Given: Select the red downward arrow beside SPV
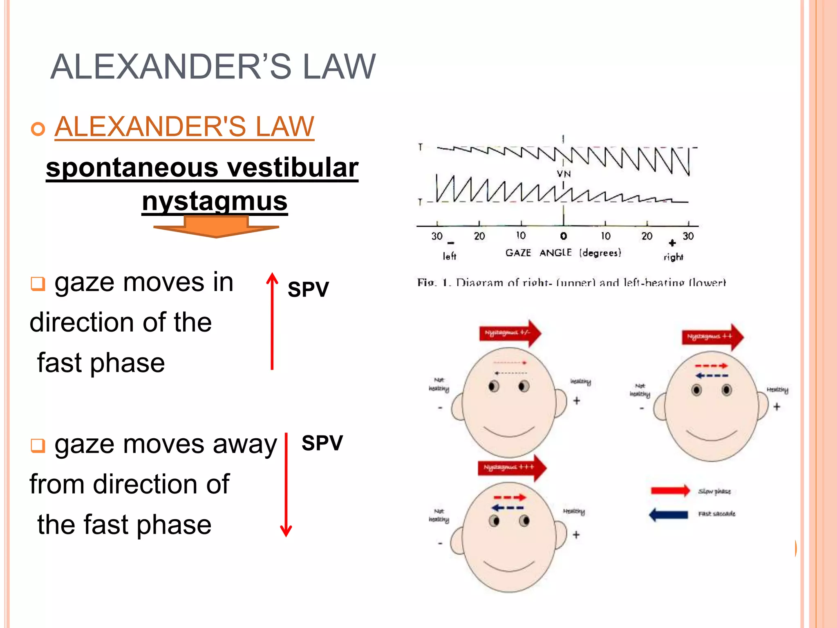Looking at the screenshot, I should tap(286, 484).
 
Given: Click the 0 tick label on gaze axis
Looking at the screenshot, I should tap(564, 236).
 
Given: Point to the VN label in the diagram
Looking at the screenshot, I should tap(564, 174).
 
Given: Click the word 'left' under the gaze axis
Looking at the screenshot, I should tap(449, 256).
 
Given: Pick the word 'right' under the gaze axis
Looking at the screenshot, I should tap(673, 257).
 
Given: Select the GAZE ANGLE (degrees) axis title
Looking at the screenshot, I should tap(563, 253).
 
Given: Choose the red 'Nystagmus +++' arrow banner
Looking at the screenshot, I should tap(512, 467).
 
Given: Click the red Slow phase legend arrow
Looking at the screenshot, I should tap(670, 490).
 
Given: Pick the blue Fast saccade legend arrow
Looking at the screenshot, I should tap(669, 514).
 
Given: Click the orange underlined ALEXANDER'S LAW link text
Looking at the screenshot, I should tap(184, 126).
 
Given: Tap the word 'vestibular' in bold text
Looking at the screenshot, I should tap(293, 168).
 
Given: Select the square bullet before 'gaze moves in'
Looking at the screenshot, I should tap(38, 283).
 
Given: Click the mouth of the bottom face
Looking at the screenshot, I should tap(509, 567).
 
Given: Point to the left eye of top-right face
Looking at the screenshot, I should tap(697, 390).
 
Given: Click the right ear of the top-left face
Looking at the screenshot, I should tap(562, 402).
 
